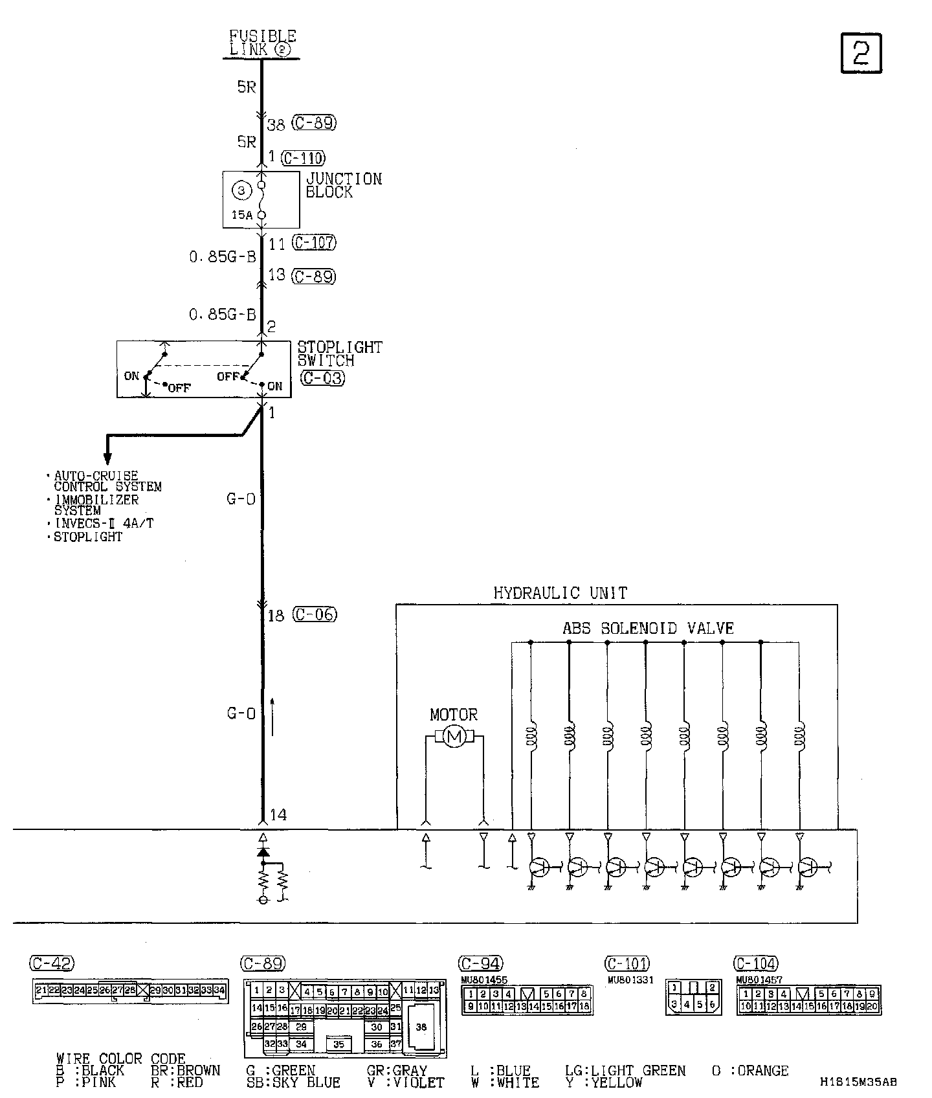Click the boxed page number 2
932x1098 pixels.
pos(861,53)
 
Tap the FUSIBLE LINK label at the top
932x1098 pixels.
pos(263,43)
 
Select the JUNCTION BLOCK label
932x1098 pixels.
pos(344,185)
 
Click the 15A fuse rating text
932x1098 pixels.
pos(242,215)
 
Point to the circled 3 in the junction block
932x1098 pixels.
pos(241,190)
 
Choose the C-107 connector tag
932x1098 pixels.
pos(314,243)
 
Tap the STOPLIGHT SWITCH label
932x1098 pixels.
pos(340,353)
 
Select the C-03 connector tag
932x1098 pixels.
pos(322,377)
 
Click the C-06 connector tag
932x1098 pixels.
pos(315,614)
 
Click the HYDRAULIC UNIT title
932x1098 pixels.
pos(560,592)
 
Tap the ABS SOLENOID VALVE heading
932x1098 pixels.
pos(648,628)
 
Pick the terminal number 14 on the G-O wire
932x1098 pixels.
pos(278,814)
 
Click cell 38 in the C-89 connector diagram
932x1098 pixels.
pos(421,1027)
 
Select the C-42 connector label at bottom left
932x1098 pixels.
pos(52,963)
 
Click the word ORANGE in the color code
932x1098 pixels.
pos(763,1071)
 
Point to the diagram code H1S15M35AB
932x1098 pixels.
pos(858,1082)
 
